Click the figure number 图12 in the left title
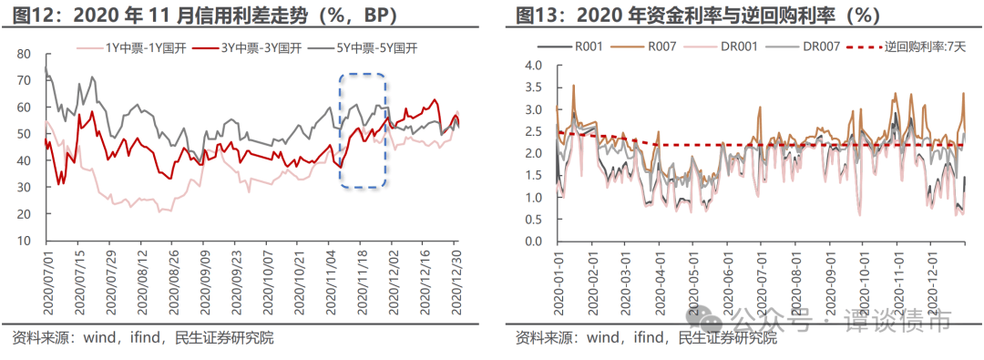[30, 14]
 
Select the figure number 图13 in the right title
[532, 14]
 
